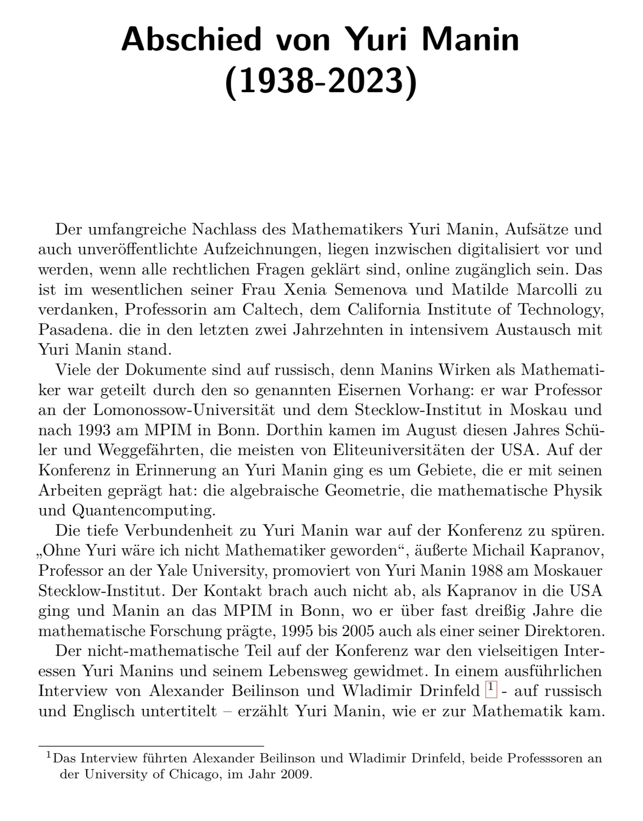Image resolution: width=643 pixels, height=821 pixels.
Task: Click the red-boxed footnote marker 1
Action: point(491,689)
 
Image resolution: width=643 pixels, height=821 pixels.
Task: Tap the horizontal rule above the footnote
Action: point(151,745)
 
